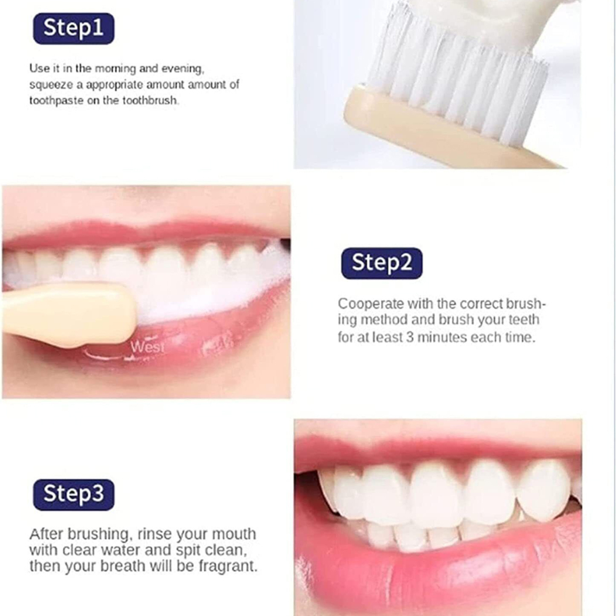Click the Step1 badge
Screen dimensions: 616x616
[74, 29]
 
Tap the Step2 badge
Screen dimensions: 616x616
[381, 263]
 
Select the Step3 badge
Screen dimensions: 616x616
[74, 495]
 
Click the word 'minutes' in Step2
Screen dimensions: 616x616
[440, 338]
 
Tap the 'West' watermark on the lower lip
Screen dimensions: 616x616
[147, 347]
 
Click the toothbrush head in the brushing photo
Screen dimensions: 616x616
[68, 314]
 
